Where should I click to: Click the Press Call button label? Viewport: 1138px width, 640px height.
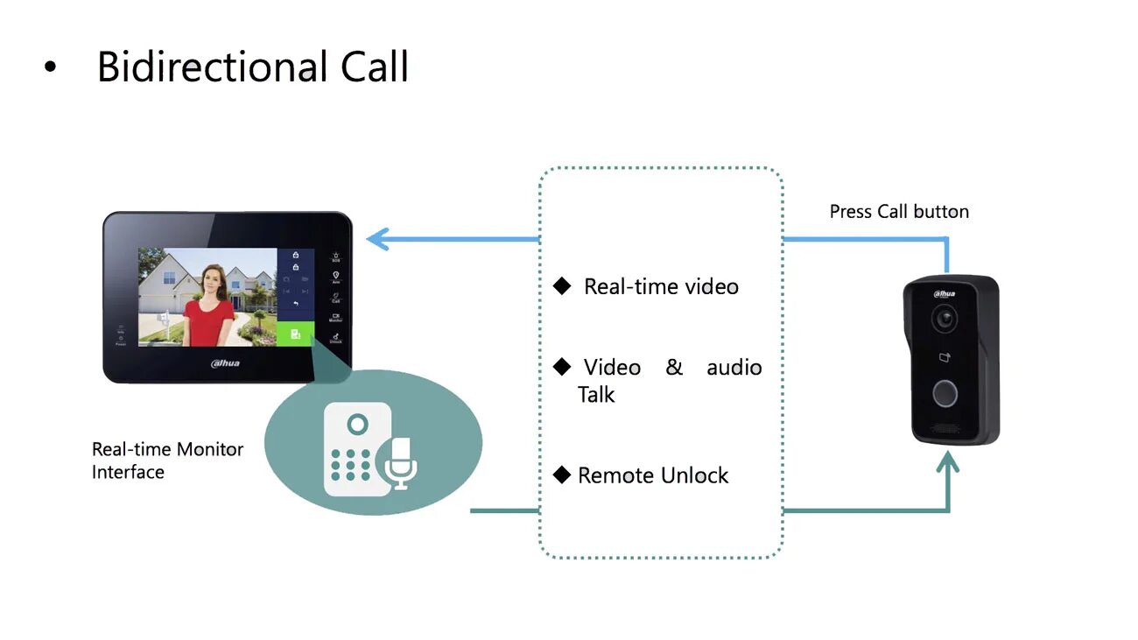(x=899, y=212)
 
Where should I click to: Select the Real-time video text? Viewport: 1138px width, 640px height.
(x=661, y=286)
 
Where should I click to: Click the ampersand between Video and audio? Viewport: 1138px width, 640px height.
(x=674, y=367)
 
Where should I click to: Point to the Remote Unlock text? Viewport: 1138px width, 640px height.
(x=653, y=475)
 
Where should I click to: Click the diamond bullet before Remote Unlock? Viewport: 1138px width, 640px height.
(x=562, y=475)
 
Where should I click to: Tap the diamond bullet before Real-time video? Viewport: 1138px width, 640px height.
(x=562, y=286)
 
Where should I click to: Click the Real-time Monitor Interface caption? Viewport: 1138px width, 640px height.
(x=167, y=461)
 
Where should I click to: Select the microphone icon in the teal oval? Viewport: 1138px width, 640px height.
(x=400, y=462)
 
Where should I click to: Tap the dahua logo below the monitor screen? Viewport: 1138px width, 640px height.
(x=226, y=362)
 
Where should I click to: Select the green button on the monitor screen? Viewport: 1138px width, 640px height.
(x=296, y=334)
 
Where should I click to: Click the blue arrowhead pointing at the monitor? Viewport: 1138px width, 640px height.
(x=377, y=239)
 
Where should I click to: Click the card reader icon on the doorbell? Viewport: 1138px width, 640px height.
(x=944, y=357)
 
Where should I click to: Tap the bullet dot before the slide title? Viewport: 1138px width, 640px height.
(x=50, y=67)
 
